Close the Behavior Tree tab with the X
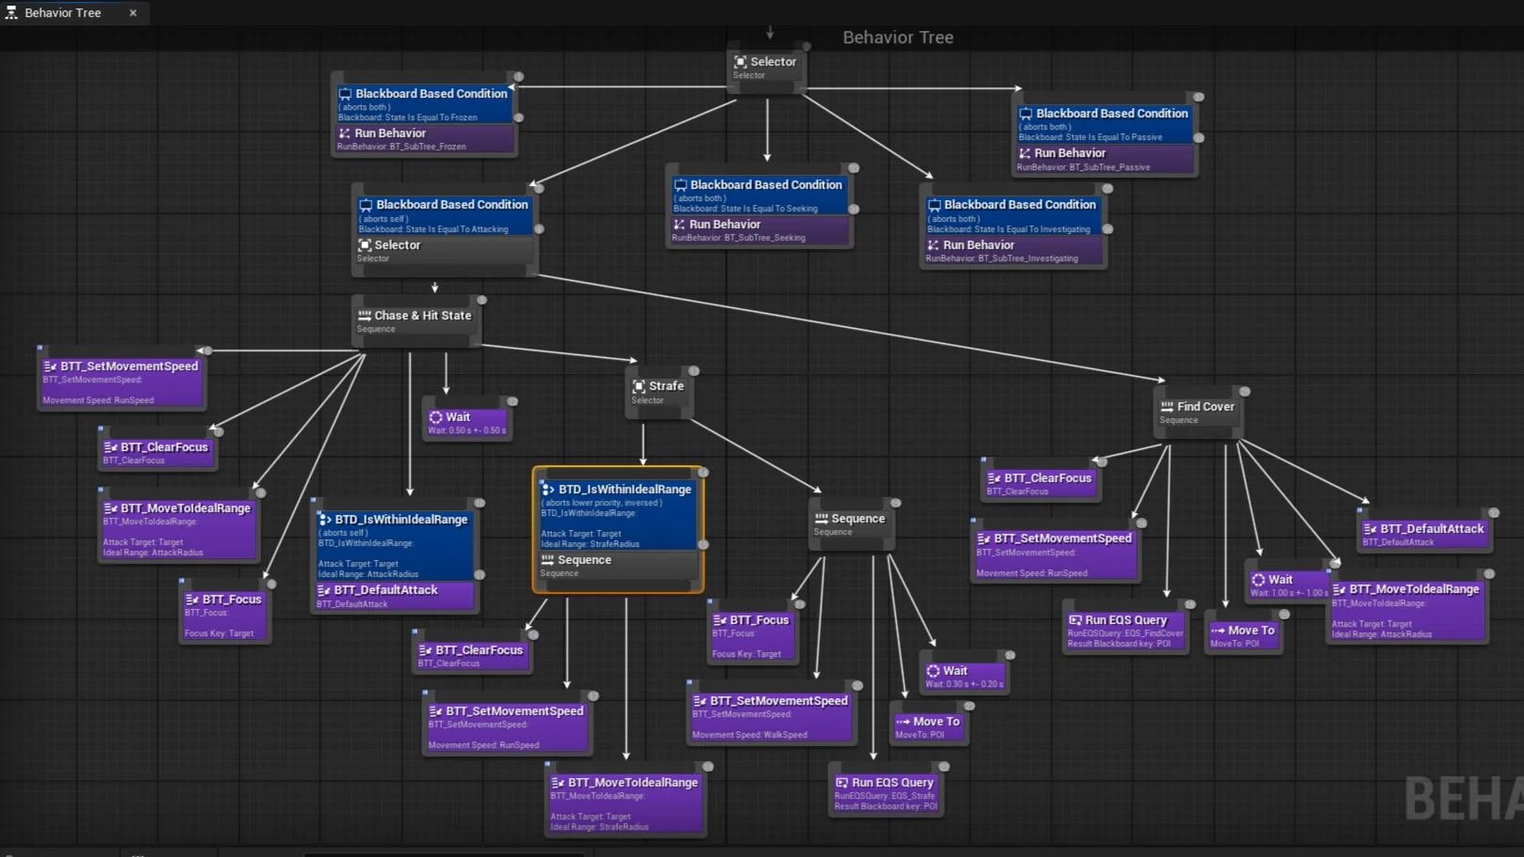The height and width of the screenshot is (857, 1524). [133, 13]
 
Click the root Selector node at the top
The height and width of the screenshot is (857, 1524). [767, 67]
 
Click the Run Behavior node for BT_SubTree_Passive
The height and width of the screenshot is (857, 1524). [1105, 159]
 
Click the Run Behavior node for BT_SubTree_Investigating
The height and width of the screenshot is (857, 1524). [1012, 250]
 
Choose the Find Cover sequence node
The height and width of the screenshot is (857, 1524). [1198, 412]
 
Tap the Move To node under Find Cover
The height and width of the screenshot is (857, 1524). [1243, 635]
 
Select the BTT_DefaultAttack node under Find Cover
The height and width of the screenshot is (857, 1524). [1424, 534]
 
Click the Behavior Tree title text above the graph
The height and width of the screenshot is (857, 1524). [898, 38]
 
